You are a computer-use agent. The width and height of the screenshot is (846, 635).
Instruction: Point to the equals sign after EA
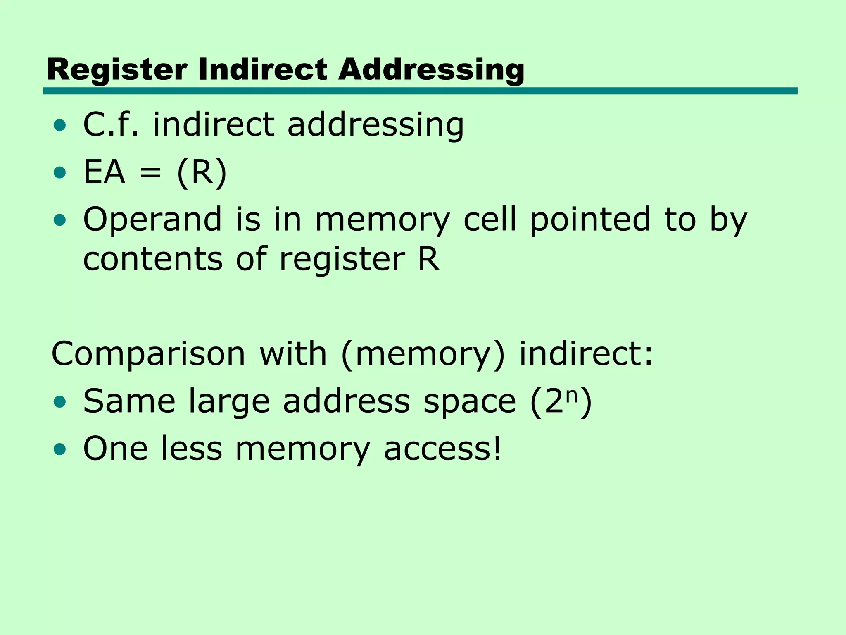point(150,173)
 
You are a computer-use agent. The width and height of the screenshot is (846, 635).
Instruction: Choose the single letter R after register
point(428,258)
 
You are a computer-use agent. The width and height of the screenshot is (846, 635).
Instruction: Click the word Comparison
point(148,354)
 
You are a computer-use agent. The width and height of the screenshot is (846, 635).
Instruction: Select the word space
point(470,402)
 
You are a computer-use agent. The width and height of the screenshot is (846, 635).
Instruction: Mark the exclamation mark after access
point(497,448)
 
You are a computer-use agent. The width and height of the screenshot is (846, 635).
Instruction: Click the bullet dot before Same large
point(60,401)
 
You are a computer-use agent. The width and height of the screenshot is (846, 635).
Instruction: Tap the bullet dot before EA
point(60,172)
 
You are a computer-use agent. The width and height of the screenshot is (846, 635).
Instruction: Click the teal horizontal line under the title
point(420,91)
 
